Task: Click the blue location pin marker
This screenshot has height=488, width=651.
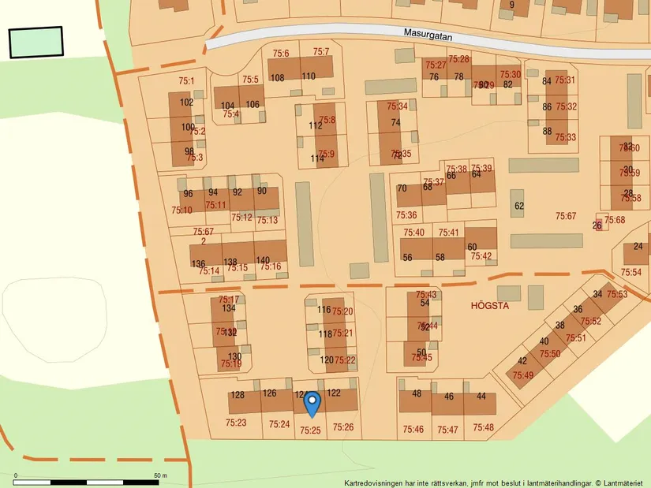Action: point(312,404)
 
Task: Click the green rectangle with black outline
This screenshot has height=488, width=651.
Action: point(36,43)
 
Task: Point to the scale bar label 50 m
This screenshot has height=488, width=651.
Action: point(160,475)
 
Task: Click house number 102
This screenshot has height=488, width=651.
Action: point(187,102)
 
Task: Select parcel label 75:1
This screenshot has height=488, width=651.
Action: point(186,80)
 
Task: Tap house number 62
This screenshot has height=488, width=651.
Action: point(518,207)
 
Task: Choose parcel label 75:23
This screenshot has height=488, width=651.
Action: point(236,423)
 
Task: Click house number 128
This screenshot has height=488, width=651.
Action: point(238,396)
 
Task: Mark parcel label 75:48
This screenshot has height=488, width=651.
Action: point(483,428)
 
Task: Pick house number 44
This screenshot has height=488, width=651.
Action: point(481,396)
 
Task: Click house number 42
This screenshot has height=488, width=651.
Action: point(522,361)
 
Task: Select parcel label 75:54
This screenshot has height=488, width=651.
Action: point(630,272)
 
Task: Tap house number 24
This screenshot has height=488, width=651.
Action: point(638,247)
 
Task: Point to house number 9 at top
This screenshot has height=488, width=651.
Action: point(511,5)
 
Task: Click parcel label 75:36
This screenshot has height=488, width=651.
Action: point(406,215)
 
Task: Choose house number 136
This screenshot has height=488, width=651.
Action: point(198,264)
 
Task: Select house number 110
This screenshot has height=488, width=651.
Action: point(308,76)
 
